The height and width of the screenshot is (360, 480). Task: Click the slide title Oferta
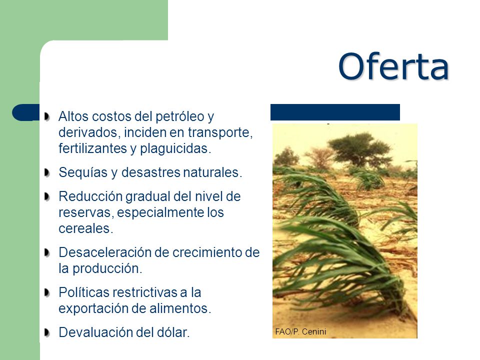point(393,66)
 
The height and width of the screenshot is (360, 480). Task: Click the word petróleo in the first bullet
point(179,116)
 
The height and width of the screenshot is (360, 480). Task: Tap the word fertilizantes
point(92,148)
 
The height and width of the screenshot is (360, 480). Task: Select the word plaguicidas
point(175,149)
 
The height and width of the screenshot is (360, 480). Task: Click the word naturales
point(212,172)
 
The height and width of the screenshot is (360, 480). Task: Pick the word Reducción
point(90,196)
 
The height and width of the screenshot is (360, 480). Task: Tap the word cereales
point(85,228)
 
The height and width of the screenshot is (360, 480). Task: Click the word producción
point(107,269)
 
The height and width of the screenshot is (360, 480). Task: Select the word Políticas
point(84,292)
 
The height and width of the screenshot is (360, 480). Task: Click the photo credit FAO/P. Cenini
point(300,331)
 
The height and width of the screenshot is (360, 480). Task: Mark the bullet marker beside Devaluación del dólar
point(47,332)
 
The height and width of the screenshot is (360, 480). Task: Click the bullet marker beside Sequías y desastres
point(47,172)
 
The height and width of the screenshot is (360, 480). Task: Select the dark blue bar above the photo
point(335,112)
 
